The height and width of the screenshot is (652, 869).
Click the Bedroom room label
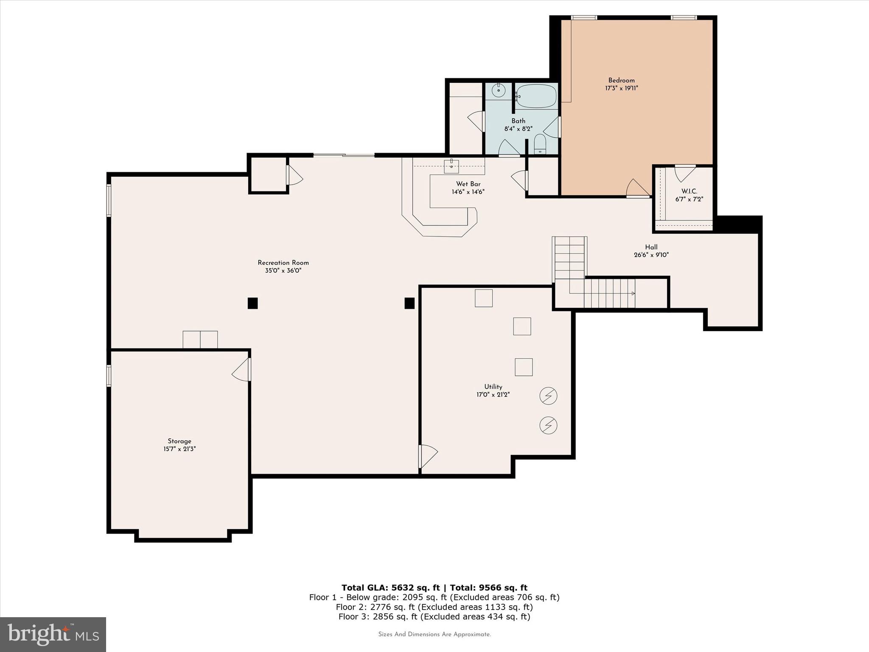[x=621, y=80]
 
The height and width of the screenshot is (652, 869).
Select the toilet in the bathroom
[x=540, y=144]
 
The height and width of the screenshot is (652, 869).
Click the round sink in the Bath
[x=499, y=90]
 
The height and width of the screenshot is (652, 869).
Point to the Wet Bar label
[x=468, y=184]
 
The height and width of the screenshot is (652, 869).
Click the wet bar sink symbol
[x=451, y=166]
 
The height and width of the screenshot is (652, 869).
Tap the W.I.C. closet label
[x=689, y=191]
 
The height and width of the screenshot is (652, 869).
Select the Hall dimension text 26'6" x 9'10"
[x=651, y=255]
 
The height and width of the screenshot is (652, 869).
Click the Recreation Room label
[x=283, y=263]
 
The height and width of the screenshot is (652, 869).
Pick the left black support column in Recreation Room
[x=252, y=303]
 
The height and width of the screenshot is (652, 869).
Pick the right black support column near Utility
[x=409, y=303]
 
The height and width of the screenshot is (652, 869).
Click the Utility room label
[x=493, y=387]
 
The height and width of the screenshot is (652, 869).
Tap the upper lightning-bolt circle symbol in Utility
[x=548, y=396]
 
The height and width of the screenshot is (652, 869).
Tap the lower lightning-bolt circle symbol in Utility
[x=548, y=425]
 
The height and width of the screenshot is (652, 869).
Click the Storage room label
[x=179, y=441]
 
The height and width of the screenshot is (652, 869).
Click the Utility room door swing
[x=428, y=456]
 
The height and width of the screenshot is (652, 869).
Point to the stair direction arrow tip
[x=634, y=293]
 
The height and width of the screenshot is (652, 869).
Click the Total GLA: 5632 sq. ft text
[x=390, y=587]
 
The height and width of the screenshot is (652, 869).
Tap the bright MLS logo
[x=53, y=634]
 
